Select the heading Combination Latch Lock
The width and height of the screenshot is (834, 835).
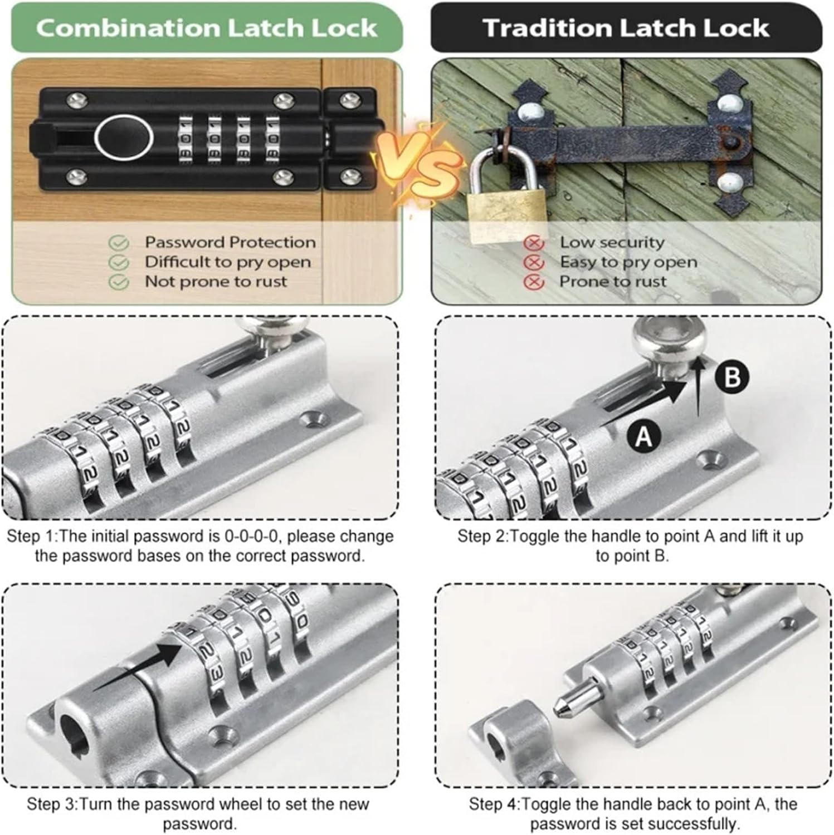[x=207, y=28]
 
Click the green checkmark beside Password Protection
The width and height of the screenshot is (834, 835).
[x=118, y=243]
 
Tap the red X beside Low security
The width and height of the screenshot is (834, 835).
[x=534, y=243]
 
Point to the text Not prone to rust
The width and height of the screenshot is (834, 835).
[x=216, y=282]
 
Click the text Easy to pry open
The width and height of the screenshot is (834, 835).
[x=628, y=262]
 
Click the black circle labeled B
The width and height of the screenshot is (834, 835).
[x=732, y=377]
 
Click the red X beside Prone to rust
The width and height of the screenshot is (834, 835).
[x=534, y=282]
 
